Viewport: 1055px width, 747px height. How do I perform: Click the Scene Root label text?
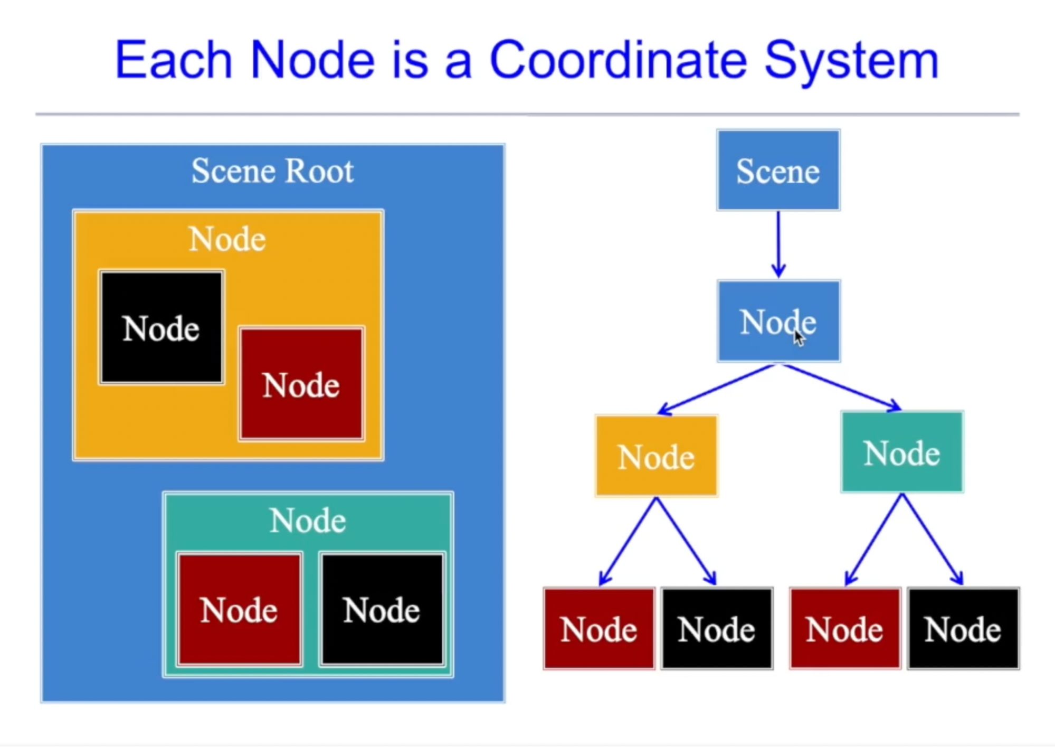(272, 171)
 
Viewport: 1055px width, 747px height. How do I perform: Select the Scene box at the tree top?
(778, 171)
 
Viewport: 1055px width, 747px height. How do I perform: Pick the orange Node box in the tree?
(656, 456)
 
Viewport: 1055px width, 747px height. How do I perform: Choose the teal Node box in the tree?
(901, 452)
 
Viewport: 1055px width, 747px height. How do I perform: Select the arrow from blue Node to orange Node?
(718, 389)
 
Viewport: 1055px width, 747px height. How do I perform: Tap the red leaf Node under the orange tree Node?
(598, 629)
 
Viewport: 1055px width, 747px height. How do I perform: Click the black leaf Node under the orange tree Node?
(717, 629)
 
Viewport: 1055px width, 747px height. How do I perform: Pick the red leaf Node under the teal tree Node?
(844, 629)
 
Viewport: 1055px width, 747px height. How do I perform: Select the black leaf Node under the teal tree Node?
(963, 629)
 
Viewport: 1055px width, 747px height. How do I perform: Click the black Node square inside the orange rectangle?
(161, 327)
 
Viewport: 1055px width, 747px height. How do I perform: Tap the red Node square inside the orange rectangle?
(301, 384)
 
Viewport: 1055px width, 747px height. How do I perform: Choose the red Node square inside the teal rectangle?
(239, 609)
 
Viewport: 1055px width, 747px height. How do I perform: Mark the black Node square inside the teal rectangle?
(382, 609)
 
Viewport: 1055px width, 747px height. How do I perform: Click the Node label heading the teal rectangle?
(308, 521)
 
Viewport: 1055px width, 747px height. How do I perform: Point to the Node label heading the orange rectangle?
(227, 239)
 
